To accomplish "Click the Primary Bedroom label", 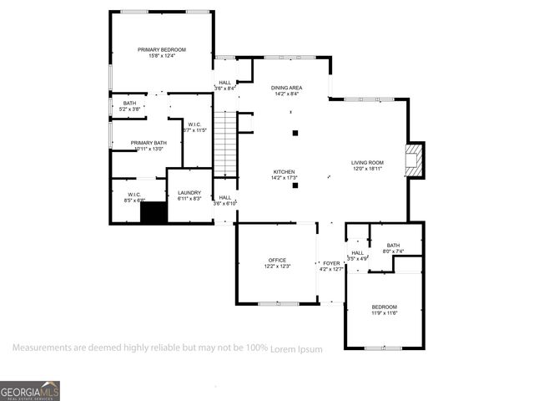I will [x=162, y=50].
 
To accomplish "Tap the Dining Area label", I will [x=286, y=88].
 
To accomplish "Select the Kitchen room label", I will [x=284, y=172].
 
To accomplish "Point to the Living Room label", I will [x=367, y=163].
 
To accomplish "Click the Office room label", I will [x=277, y=260].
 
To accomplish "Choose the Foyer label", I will [x=331, y=263].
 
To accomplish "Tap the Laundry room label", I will [x=189, y=193].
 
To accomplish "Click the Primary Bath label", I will [x=149, y=143].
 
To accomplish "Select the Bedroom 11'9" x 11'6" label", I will [x=385, y=307].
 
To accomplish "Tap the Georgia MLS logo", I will [x=30, y=391].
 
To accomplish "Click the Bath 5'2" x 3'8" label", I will [x=129, y=103].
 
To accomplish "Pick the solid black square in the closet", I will [x=154, y=212].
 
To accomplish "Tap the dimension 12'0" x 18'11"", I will [x=367, y=169].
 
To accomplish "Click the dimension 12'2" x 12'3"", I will [x=277, y=266].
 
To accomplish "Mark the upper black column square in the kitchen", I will [x=295, y=133].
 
